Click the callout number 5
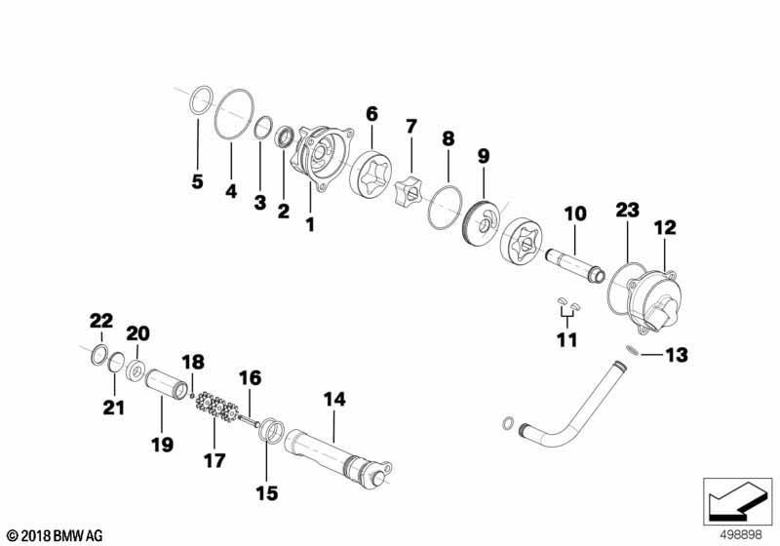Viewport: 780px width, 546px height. pos(198,181)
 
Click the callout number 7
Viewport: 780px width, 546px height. pos(410,127)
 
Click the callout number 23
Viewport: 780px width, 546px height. pos(627,210)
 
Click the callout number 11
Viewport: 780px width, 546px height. pos(567,340)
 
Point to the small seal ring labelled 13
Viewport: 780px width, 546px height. pos(632,350)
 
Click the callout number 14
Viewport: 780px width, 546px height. pos(334,400)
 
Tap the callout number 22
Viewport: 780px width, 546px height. pos(101,321)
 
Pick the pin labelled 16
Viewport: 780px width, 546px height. pos(249,420)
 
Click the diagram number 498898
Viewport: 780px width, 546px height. pos(742,534)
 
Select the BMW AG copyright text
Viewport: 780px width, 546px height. pos(56,536)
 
